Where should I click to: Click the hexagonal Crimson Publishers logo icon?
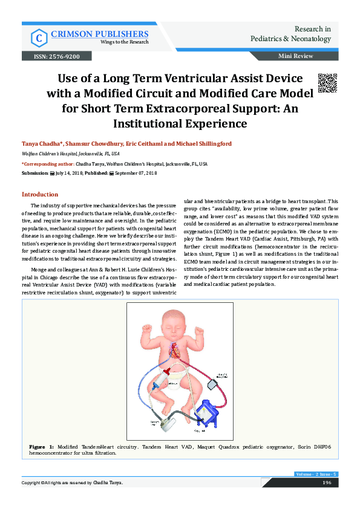point(38,38)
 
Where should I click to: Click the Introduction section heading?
point(40,195)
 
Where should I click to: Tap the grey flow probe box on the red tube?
point(214,384)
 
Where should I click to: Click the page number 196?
point(327,482)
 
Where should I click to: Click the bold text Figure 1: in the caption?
point(42,446)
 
